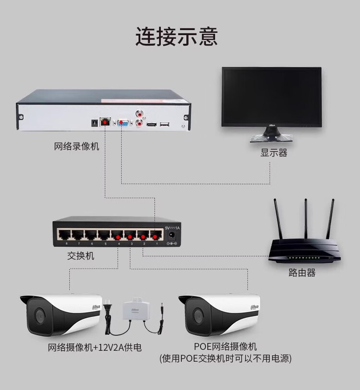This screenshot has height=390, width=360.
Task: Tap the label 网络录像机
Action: pyautogui.click(x=76, y=146)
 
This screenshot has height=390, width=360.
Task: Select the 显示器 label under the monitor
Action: pyautogui.click(x=274, y=153)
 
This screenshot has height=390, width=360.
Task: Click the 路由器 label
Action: pyautogui.click(x=302, y=273)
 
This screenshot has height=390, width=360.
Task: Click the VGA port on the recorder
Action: pyautogui.click(x=122, y=122)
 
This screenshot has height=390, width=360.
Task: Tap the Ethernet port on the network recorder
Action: pyautogui.click(x=105, y=122)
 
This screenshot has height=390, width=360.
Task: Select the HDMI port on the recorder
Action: pyautogui.click(x=152, y=125)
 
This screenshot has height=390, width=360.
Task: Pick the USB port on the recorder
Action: pyautogui.click(x=165, y=125)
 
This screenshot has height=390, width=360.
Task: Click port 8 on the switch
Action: pyautogui.click(x=64, y=235)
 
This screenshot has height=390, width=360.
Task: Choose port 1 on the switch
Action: pyautogui.click(x=155, y=235)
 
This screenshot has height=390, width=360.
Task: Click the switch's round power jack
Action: pyautogui.click(x=172, y=235)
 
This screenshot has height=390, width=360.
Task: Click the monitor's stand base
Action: pyautogui.click(x=271, y=138)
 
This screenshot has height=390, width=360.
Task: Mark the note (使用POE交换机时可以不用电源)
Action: pyautogui.click(x=226, y=358)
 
